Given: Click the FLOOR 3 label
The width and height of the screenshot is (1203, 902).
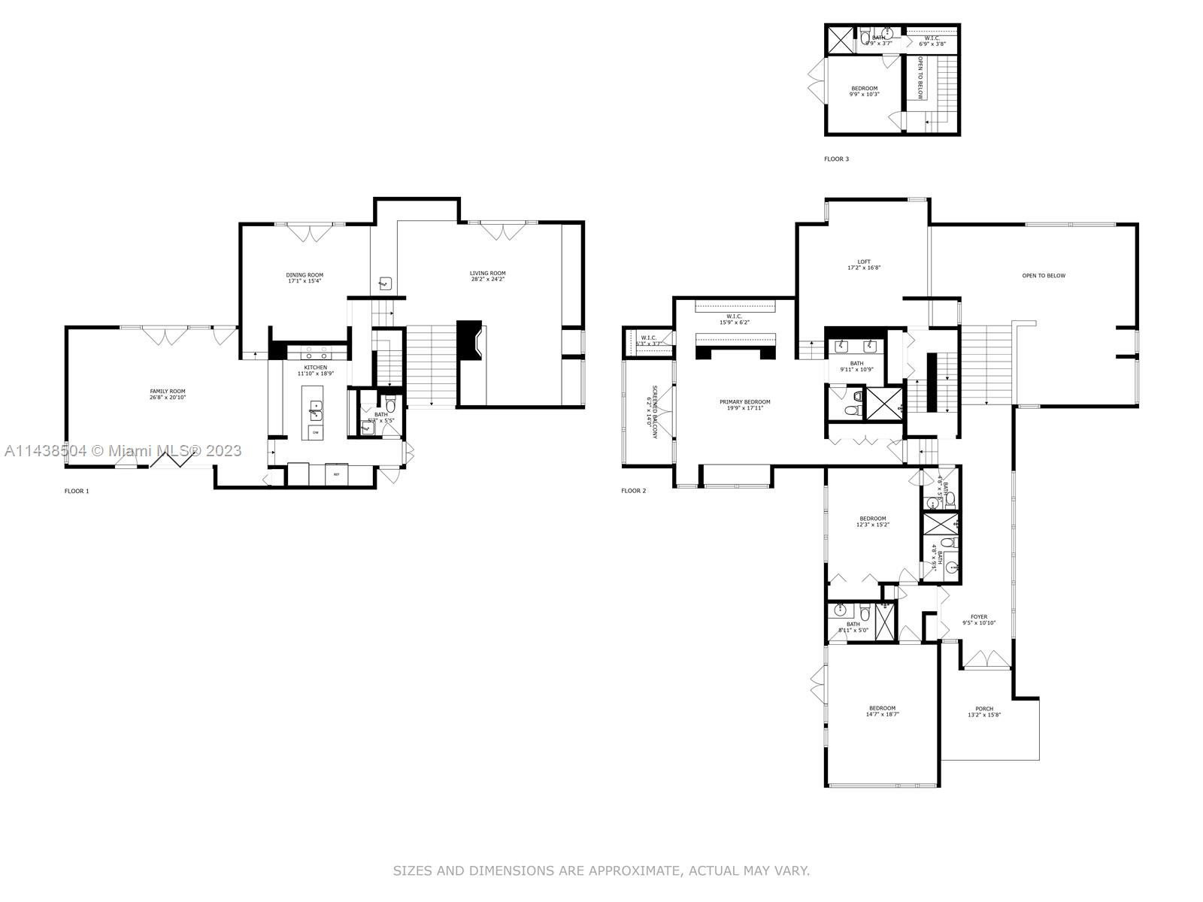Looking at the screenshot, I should [836, 159].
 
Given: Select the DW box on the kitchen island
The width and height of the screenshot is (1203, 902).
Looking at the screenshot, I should [315, 433].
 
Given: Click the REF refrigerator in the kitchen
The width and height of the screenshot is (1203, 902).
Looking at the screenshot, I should [336, 475].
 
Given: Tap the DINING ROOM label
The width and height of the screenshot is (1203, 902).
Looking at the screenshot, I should [305, 275].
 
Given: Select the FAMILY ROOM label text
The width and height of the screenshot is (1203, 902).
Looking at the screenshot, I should [167, 392].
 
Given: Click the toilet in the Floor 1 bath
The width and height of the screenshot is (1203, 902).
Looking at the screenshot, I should [390, 405].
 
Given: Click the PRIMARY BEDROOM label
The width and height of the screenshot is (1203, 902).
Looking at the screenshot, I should [744, 402].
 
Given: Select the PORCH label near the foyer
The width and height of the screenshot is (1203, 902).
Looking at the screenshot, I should [983, 709].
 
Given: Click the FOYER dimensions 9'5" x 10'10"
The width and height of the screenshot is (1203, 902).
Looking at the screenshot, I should [979, 622].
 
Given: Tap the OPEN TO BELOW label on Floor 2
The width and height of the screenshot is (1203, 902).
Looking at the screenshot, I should [1044, 276].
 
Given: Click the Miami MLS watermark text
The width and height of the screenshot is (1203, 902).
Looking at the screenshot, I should [123, 451].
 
